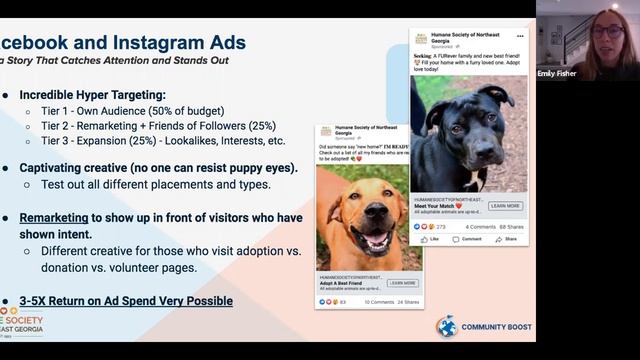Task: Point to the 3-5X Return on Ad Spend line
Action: tap(126, 300)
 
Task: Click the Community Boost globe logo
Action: tap(446, 326)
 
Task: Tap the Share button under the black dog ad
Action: tap(507, 240)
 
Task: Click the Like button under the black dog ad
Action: tap(428, 240)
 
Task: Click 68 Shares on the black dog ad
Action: tap(513, 227)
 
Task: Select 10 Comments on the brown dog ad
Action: tap(378, 301)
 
